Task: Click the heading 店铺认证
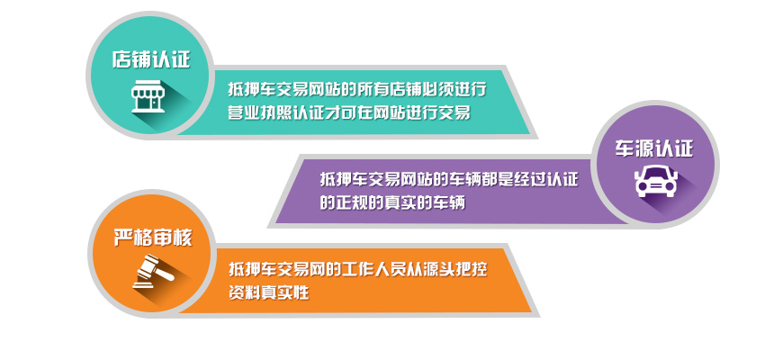[x=151, y=59]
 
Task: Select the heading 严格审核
[x=153, y=238]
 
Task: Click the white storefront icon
[x=148, y=96]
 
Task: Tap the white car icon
[x=656, y=182]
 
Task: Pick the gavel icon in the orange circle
[x=153, y=271]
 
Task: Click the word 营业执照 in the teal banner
[x=259, y=112]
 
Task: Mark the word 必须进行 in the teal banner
[x=454, y=90]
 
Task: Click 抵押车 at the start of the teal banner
[x=252, y=90]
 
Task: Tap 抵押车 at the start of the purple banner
[x=344, y=180]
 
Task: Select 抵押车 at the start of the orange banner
[x=253, y=269]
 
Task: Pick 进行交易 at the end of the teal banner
[x=438, y=112]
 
